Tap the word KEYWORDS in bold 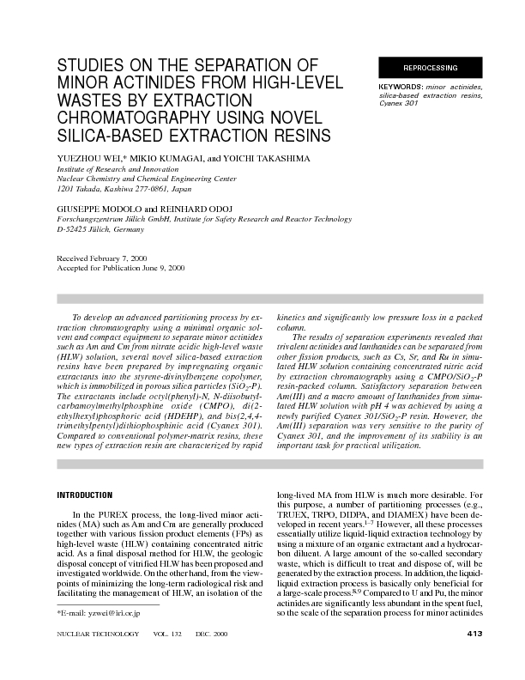coord(399,88)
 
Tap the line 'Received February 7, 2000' coord(104,258)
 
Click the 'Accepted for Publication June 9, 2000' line coord(120,268)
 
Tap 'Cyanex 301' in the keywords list coord(399,104)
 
